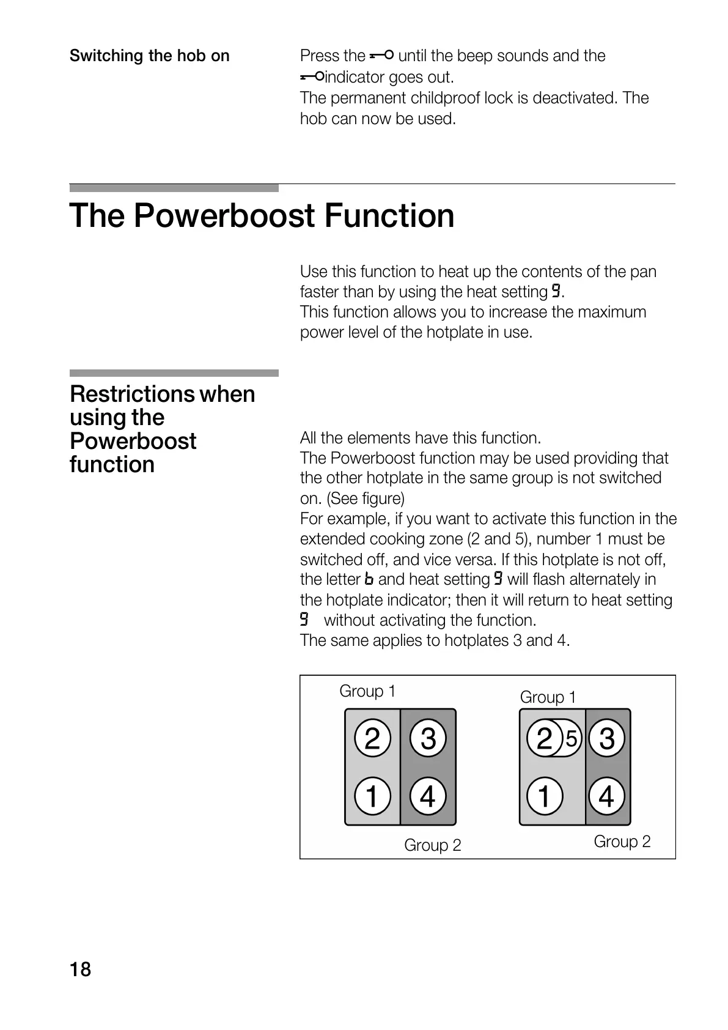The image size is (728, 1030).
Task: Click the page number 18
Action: tap(80, 970)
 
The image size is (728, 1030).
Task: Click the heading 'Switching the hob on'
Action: tap(149, 56)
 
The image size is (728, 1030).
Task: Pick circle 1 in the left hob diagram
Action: tap(372, 797)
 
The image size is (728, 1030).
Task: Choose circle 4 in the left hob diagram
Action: tap(428, 797)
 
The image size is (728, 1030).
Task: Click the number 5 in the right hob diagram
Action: tap(572, 739)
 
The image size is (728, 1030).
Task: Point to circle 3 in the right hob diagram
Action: tap(606, 738)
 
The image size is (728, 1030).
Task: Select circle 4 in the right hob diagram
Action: tap(606, 797)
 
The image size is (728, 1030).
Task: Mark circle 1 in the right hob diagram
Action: tap(544, 797)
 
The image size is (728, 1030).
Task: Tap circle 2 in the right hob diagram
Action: tap(544, 739)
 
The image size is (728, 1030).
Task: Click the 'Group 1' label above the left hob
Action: tap(367, 691)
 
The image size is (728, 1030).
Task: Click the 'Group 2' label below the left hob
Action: tap(432, 845)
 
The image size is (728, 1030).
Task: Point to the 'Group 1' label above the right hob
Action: tap(548, 697)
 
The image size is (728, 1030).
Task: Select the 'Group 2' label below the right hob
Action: tap(622, 842)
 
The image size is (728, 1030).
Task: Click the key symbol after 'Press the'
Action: tap(381, 56)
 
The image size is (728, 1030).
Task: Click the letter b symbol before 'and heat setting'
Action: tap(368, 579)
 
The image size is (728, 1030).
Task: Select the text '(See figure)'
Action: tap(366, 498)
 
